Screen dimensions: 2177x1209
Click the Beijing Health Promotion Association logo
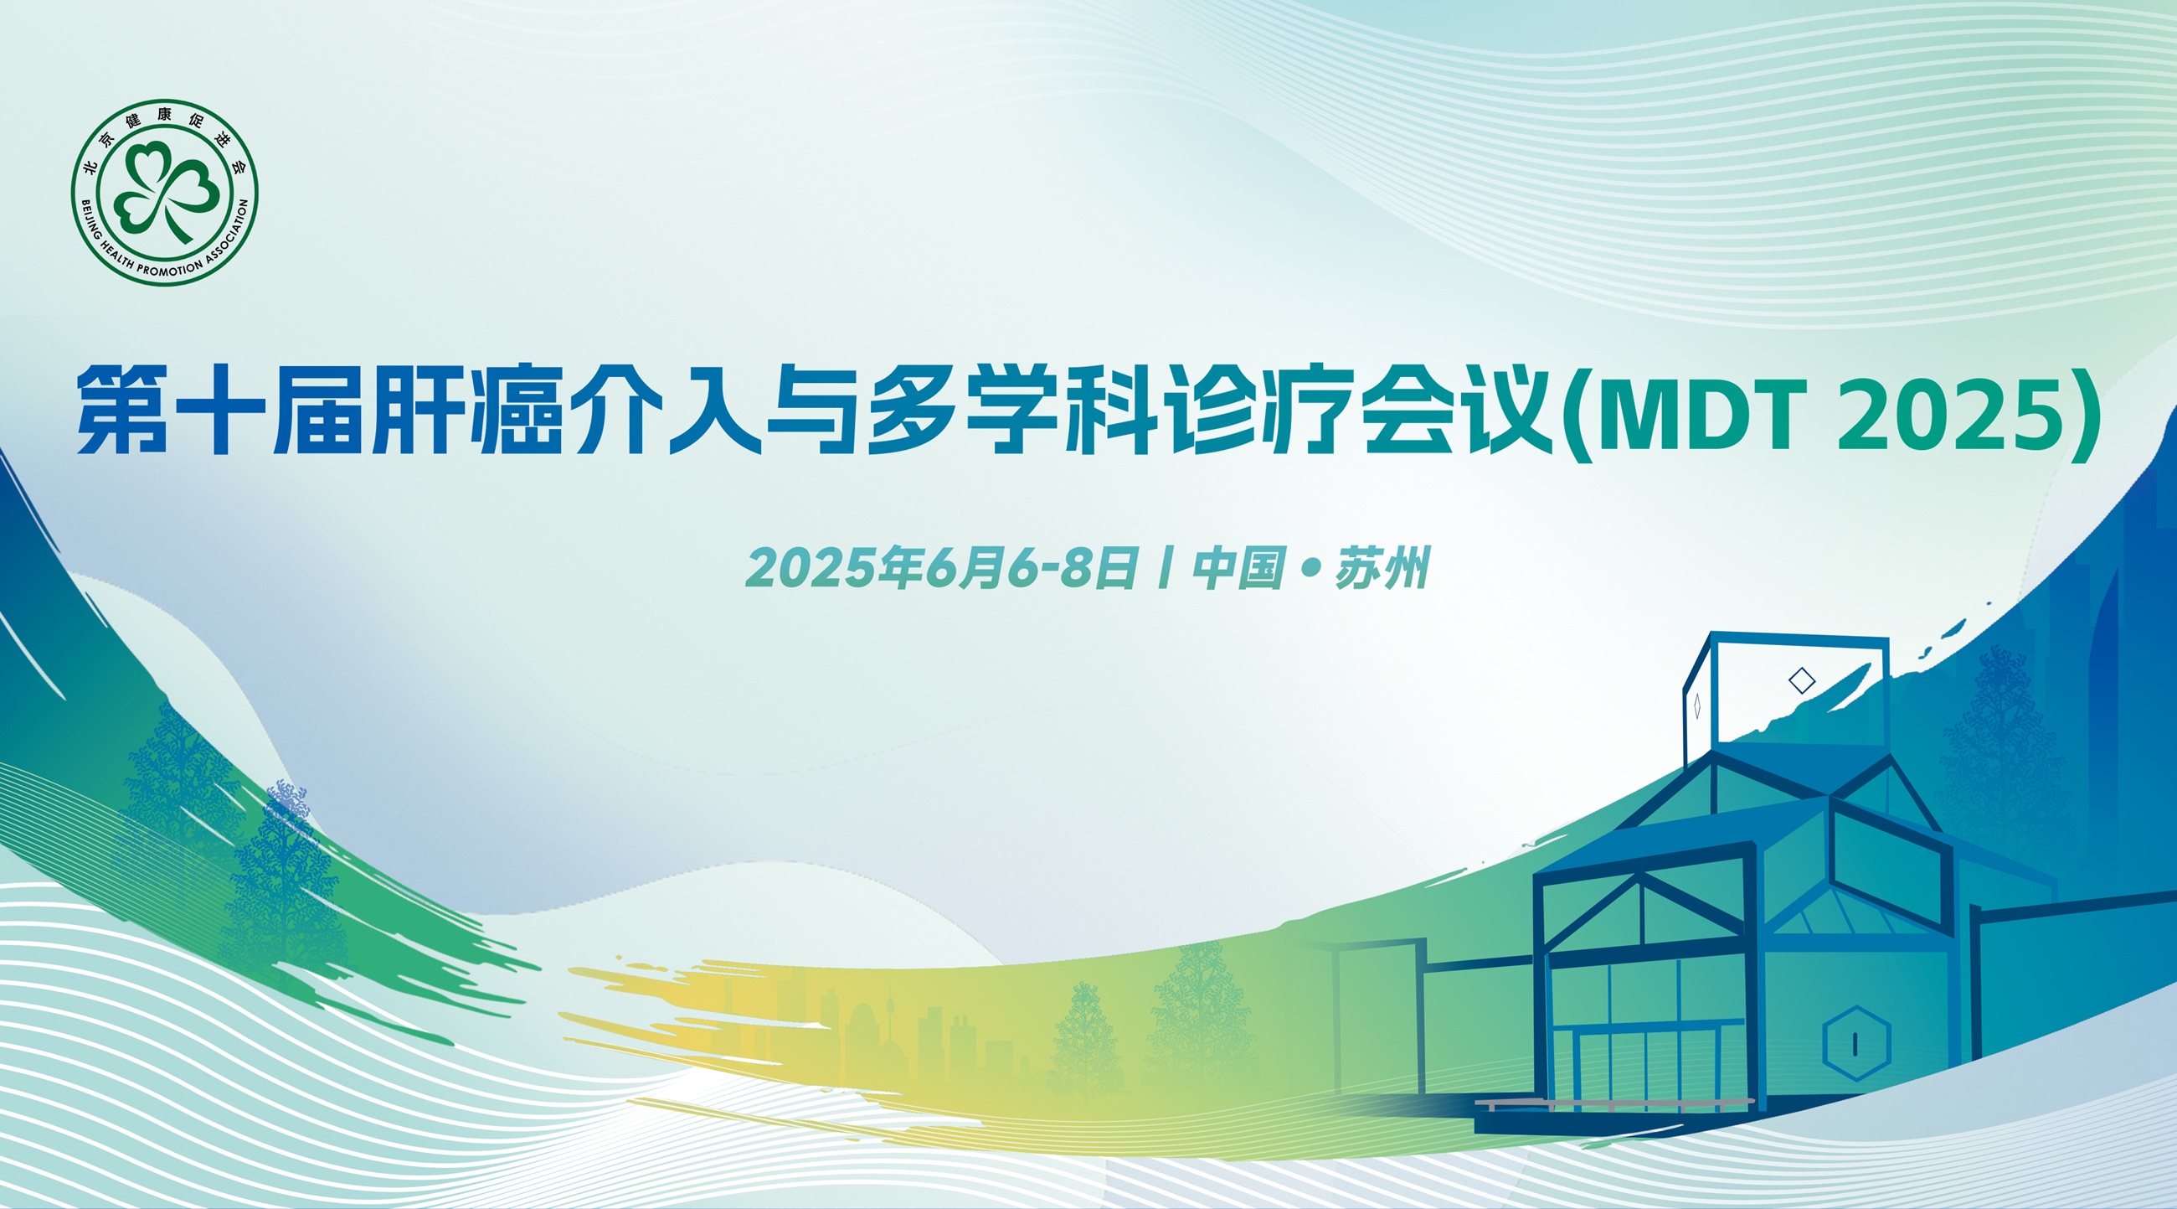164,192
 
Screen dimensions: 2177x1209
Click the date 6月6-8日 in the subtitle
1032,567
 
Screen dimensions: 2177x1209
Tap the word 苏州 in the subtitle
1382,567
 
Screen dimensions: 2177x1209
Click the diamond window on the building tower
1802,679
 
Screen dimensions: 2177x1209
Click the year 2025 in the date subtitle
812,568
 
